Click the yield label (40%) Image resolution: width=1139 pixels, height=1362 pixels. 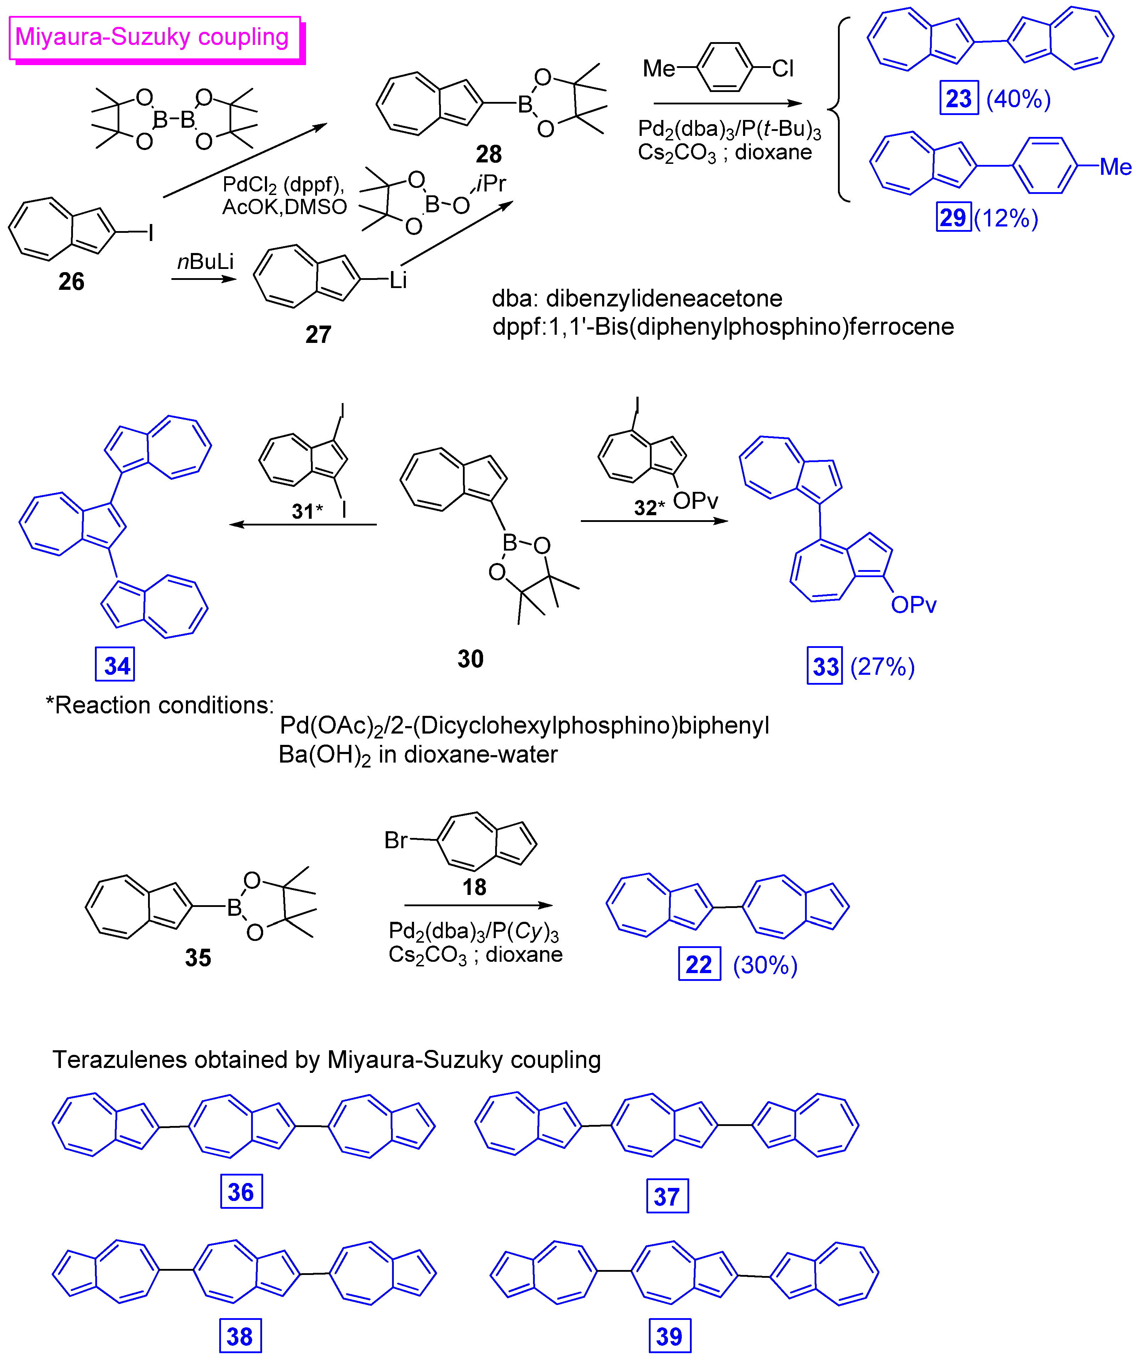pyautogui.click(x=1018, y=99)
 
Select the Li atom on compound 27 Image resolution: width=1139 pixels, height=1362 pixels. pyautogui.click(x=398, y=280)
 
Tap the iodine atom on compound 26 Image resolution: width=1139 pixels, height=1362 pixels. pyautogui.click(x=151, y=232)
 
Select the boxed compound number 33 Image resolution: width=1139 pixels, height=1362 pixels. pyautogui.click(x=825, y=666)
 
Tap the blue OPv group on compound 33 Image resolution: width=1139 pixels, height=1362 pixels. pyautogui.click(x=913, y=605)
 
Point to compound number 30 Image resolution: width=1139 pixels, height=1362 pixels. pyautogui.click(x=471, y=659)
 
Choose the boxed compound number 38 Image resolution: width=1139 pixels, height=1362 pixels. pyautogui.click(x=239, y=1336)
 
